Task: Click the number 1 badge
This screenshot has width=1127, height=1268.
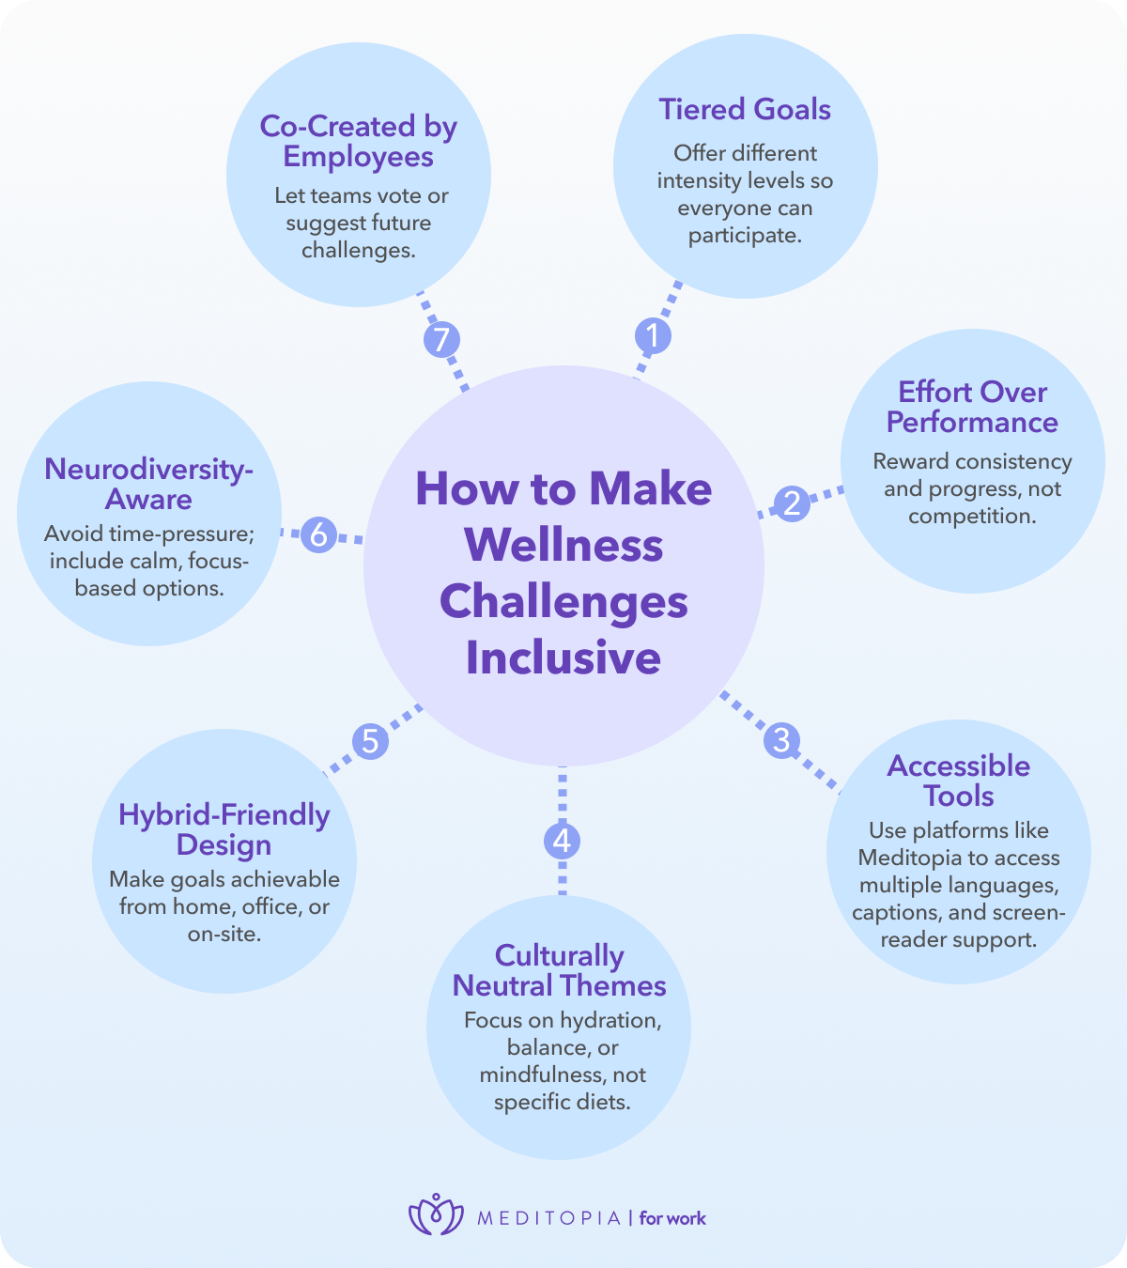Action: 653,335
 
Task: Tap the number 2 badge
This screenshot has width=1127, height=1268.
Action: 792,503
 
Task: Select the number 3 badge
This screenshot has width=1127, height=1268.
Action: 781,740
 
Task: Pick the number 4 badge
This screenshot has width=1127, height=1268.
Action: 562,840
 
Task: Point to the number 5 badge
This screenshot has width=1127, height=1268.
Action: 370,741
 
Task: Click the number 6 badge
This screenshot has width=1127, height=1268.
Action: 319,534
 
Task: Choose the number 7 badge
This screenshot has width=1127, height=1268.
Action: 441,339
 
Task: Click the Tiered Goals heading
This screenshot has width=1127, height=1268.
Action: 745,110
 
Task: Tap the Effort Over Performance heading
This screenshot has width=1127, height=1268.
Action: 972,407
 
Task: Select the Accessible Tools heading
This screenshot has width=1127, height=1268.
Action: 958,781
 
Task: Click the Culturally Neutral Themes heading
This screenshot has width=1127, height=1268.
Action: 560,970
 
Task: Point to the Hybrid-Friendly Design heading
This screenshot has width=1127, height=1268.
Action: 224,829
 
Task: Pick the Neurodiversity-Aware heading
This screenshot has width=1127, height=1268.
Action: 148,484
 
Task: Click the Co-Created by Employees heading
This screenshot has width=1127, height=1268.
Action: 358,141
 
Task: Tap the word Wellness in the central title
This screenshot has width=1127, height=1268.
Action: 563,546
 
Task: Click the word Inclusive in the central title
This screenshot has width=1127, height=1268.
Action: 563,657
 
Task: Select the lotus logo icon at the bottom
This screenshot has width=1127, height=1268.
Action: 436,1215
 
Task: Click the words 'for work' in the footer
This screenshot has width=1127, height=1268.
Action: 672,1218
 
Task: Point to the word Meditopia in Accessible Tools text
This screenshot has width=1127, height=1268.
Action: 911,858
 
